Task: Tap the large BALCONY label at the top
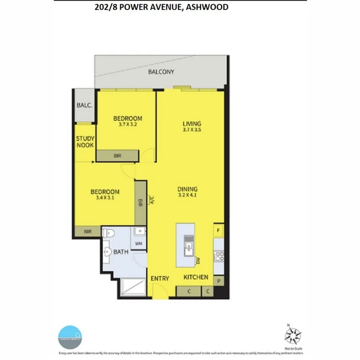click(x=161, y=72)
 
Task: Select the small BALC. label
click(x=84, y=106)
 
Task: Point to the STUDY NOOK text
click(x=85, y=142)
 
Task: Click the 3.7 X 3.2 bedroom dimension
click(x=127, y=124)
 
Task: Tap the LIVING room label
click(x=192, y=124)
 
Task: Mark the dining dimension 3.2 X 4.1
click(x=188, y=195)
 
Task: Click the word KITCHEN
click(x=196, y=277)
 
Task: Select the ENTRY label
click(x=160, y=278)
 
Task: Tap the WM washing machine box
click(x=139, y=243)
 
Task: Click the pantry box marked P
click(x=218, y=281)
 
